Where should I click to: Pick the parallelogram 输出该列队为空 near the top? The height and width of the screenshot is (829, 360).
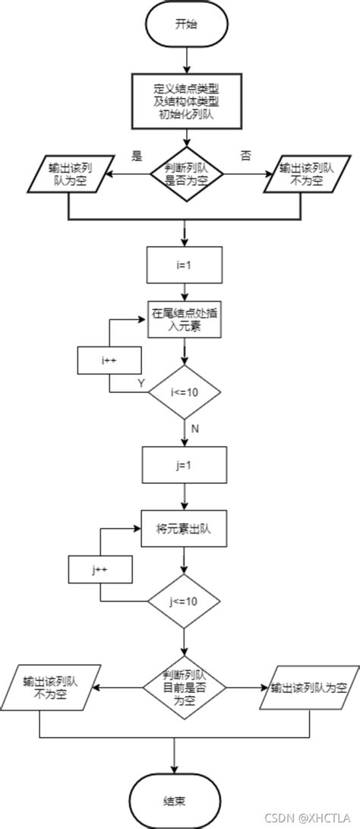click(68, 174)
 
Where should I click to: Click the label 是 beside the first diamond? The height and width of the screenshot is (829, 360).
click(137, 157)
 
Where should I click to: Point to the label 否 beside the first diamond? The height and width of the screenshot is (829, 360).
click(245, 157)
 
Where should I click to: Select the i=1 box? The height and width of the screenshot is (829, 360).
click(185, 265)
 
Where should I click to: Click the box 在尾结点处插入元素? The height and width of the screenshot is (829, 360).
click(185, 319)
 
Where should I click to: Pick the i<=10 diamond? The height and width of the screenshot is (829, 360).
click(185, 392)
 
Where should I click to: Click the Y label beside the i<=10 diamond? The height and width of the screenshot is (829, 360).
click(141, 383)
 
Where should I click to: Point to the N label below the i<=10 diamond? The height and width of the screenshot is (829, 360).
click(194, 429)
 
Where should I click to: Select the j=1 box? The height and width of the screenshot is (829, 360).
click(185, 464)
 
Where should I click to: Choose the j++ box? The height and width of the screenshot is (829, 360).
click(101, 568)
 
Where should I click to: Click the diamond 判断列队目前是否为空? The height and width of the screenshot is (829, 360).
click(185, 688)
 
